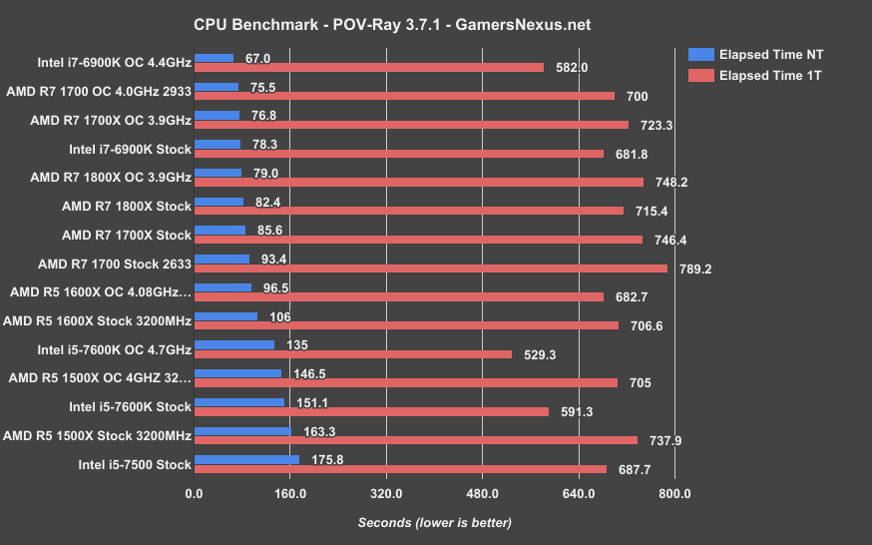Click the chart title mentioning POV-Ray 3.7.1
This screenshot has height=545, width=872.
point(435,21)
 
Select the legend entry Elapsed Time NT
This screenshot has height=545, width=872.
point(768,54)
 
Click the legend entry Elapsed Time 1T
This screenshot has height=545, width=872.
point(766,75)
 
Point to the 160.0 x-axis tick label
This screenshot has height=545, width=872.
point(289,494)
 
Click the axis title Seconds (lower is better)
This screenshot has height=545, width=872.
point(435,523)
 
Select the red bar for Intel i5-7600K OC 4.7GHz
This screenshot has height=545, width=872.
point(353,354)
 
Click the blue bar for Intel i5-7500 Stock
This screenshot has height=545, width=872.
point(246,459)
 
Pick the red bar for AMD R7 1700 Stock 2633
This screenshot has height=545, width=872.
point(431,268)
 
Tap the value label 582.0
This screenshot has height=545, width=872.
point(571,68)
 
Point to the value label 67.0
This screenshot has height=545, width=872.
point(259,59)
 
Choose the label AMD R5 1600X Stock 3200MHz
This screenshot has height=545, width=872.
point(97,321)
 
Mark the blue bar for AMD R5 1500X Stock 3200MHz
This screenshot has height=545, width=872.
point(242,431)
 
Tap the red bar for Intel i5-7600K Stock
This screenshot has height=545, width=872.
point(372,411)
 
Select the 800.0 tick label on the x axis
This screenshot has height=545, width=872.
point(674,494)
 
